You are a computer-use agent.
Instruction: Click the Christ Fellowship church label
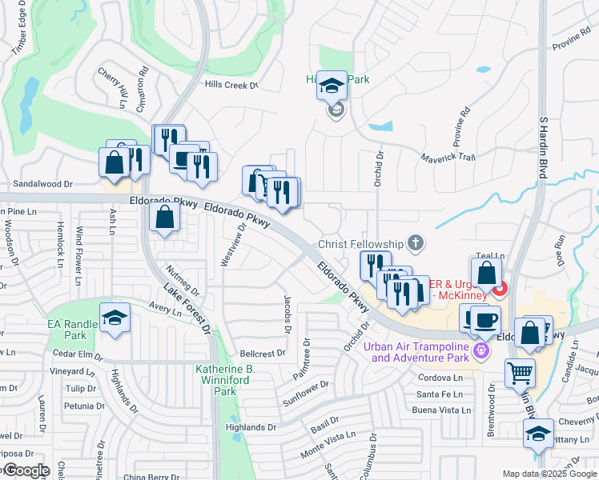(x=361, y=243)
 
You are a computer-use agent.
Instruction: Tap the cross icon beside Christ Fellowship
(x=415, y=242)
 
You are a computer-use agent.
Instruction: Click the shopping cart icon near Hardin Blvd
(x=521, y=373)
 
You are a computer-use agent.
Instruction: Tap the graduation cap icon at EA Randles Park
(x=115, y=318)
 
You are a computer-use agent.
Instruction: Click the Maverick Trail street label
(x=449, y=157)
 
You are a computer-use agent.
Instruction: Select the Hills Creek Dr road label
(x=231, y=85)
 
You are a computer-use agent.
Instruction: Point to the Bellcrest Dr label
(x=263, y=353)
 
